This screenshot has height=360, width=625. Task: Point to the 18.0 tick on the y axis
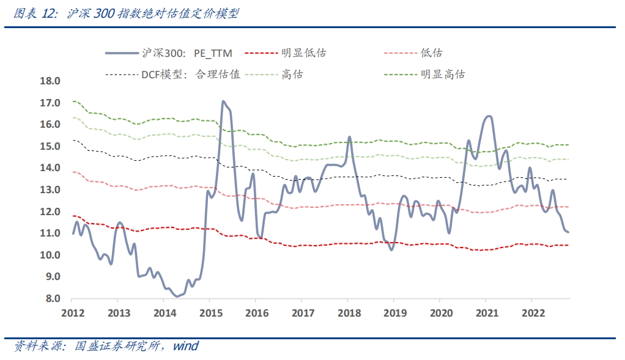pyautogui.click(x=50, y=81)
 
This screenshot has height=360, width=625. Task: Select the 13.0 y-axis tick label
pyautogui.click(x=50, y=190)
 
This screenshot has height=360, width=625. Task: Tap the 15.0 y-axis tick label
pyautogui.click(x=50, y=146)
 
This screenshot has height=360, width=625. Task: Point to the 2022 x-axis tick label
pyautogui.click(x=531, y=313)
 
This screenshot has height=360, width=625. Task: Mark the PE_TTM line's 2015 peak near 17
pyautogui.click(x=223, y=101)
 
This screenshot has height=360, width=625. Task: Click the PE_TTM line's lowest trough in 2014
pyautogui.click(x=177, y=296)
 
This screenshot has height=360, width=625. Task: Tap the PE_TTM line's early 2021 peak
pyautogui.click(x=488, y=116)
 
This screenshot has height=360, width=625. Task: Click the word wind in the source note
pyautogui.click(x=185, y=347)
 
